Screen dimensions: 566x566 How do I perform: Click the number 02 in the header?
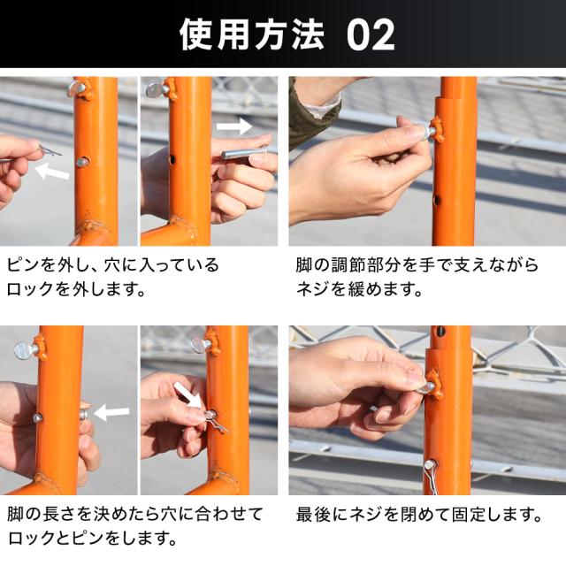tap(371, 34)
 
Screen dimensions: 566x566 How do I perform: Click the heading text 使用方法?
tap(251, 34)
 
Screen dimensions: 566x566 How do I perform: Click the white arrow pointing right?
tap(233, 126)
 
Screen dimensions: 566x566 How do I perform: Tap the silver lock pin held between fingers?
tap(245, 153)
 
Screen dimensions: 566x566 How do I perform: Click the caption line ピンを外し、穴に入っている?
tap(113, 264)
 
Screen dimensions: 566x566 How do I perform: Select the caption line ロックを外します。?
tap(76, 289)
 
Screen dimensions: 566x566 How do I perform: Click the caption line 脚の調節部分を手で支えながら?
tap(417, 264)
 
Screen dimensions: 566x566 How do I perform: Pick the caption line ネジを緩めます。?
tap(359, 289)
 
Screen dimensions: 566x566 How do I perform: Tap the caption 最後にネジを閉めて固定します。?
tap(418, 515)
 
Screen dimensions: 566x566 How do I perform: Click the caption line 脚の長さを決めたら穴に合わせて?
tap(135, 514)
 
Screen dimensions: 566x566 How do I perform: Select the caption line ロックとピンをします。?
tap(92, 539)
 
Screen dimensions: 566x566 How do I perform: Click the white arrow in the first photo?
tap(53, 171)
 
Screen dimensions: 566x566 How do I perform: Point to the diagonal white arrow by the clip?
tap(187, 394)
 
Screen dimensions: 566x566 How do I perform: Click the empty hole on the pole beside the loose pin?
tap(172, 158)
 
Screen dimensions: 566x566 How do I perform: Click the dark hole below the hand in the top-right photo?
tap(437, 199)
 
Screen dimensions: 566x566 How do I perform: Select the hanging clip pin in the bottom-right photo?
tap(432, 476)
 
